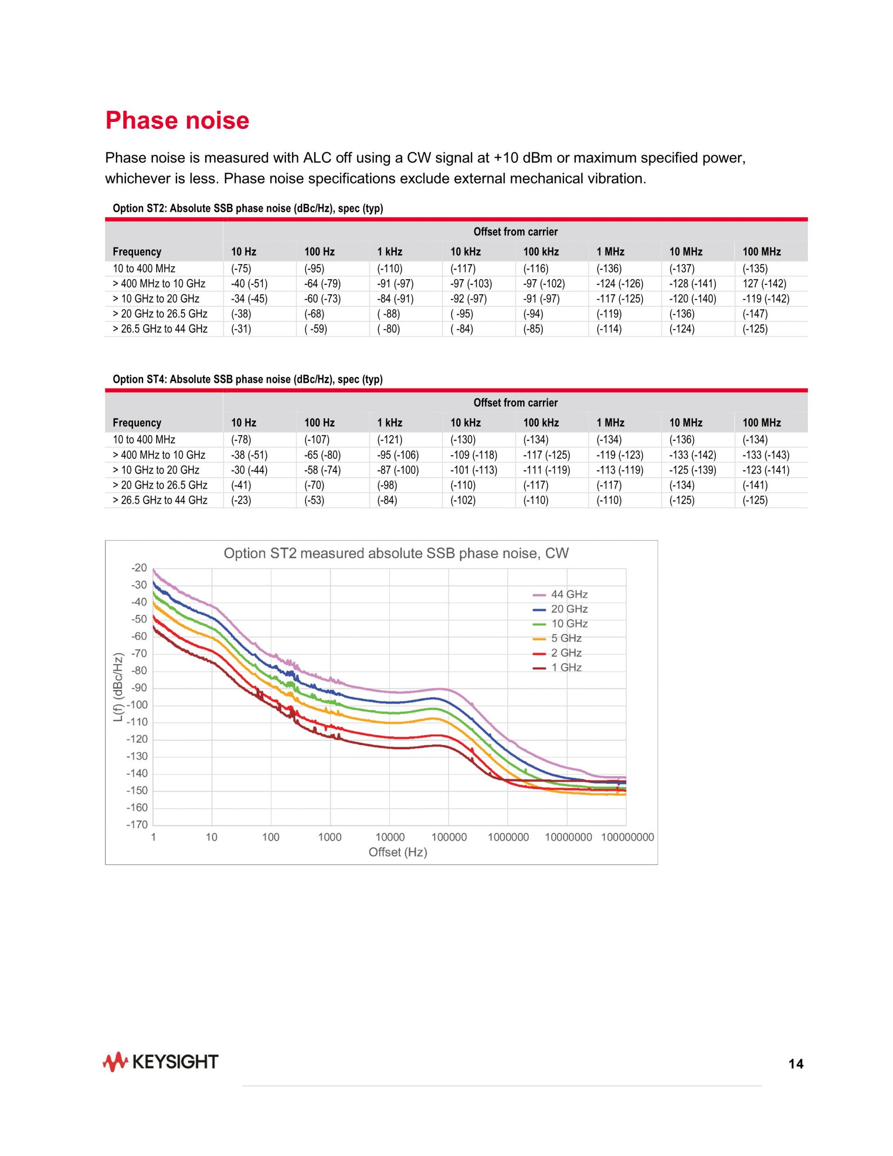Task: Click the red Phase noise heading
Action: (x=177, y=120)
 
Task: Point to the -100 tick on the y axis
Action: (x=137, y=705)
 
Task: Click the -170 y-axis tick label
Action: (x=137, y=825)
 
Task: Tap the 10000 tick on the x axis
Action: (x=390, y=837)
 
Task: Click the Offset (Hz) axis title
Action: (x=397, y=852)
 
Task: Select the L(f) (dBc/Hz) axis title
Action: (x=119, y=688)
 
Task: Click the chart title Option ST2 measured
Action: (x=396, y=554)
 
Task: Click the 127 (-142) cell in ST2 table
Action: (x=764, y=284)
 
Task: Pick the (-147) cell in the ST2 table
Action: (x=755, y=314)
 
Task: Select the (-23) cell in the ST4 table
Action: (x=241, y=500)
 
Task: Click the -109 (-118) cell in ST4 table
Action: (x=473, y=455)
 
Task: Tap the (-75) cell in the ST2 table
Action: (x=241, y=269)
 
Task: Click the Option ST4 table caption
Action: (x=247, y=379)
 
